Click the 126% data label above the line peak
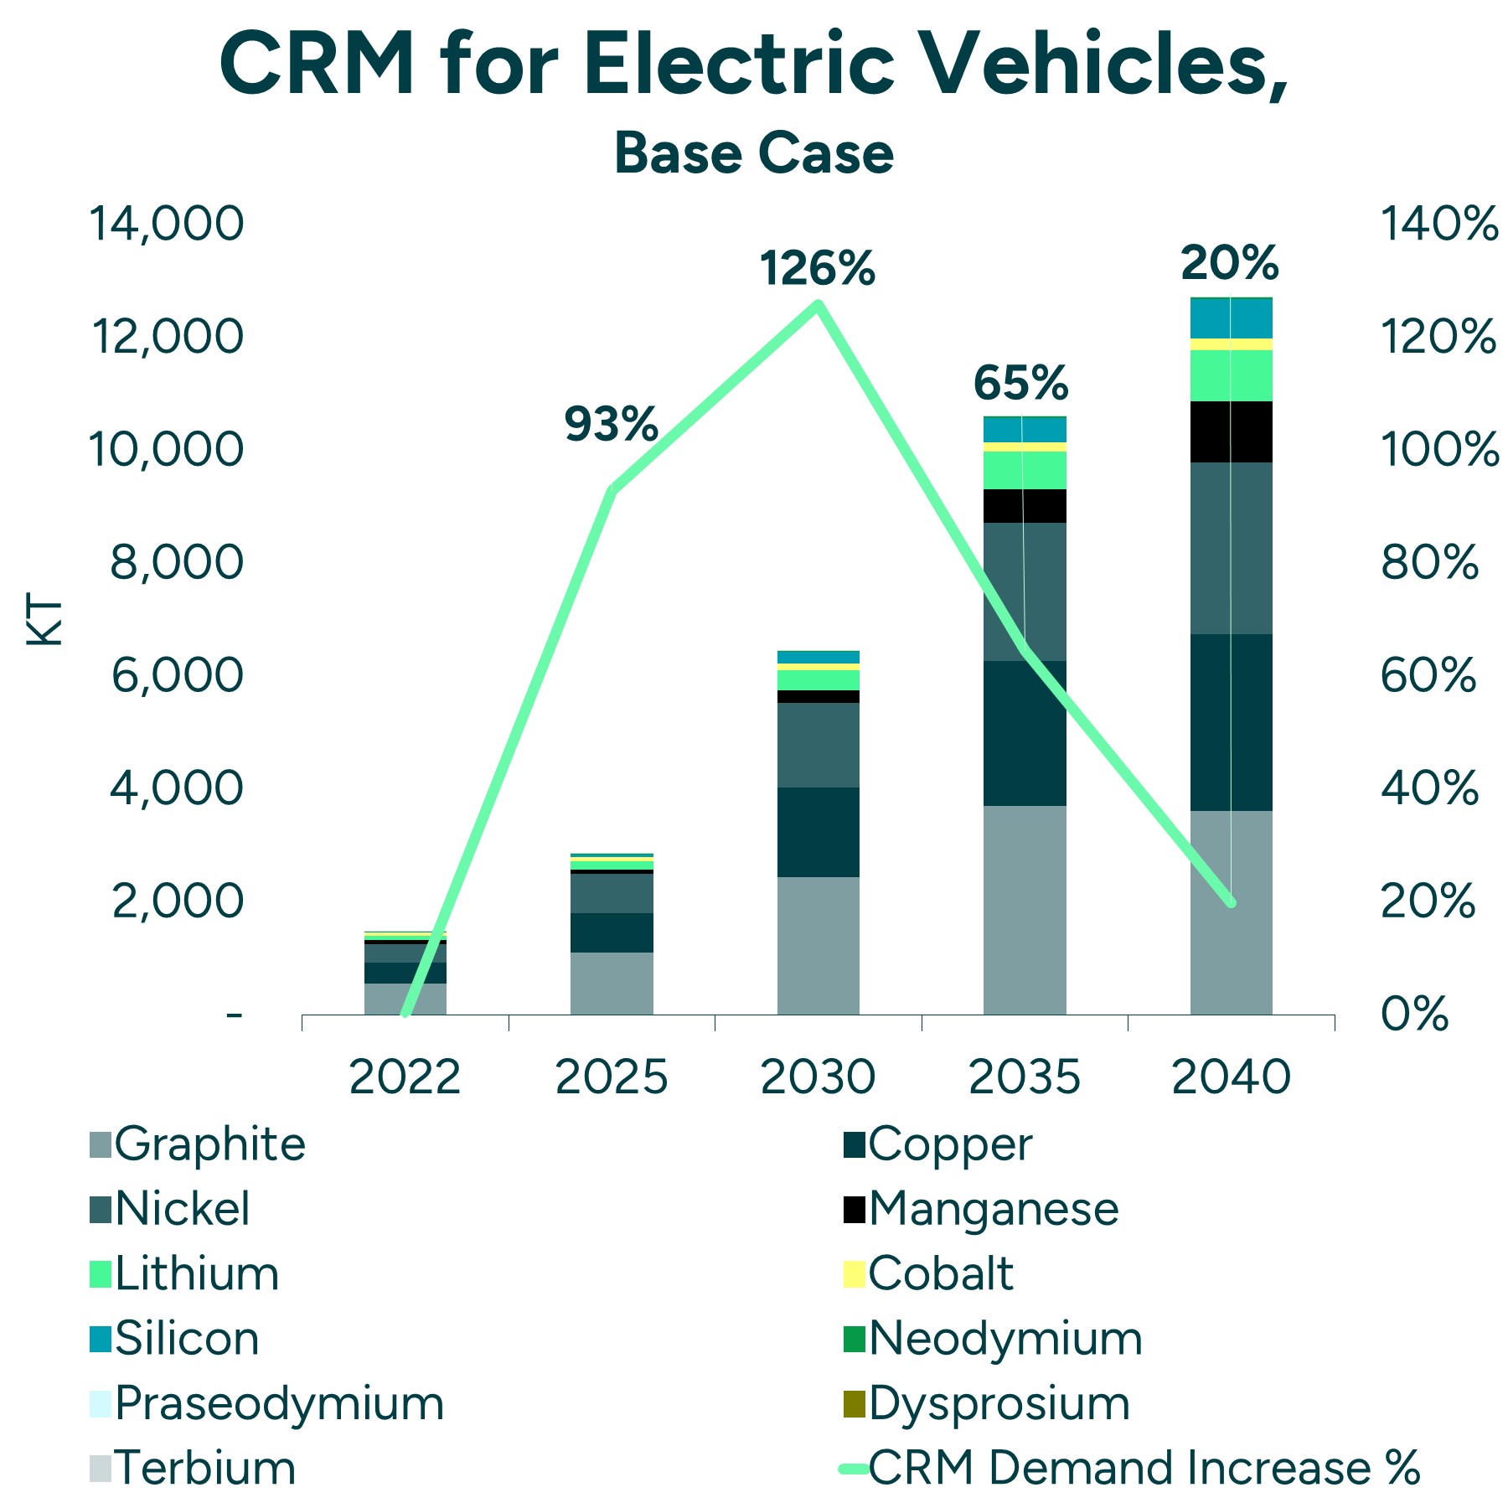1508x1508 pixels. (817, 269)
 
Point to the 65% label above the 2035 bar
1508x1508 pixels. (1020, 383)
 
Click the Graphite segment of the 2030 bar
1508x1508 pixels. (818, 945)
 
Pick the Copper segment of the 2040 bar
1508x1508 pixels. (1231, 721)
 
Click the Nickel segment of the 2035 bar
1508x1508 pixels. (1024, 591)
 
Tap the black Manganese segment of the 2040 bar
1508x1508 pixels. (1231, 431)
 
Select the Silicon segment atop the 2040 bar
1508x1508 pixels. (1231, 318)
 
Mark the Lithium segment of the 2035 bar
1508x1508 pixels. (1024, 470)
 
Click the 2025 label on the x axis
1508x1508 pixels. (611, 1077)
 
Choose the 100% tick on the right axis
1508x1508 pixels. (1438, 449)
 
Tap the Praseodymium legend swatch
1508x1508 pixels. (101, 1404)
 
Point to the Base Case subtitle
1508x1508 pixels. (753, 153)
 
